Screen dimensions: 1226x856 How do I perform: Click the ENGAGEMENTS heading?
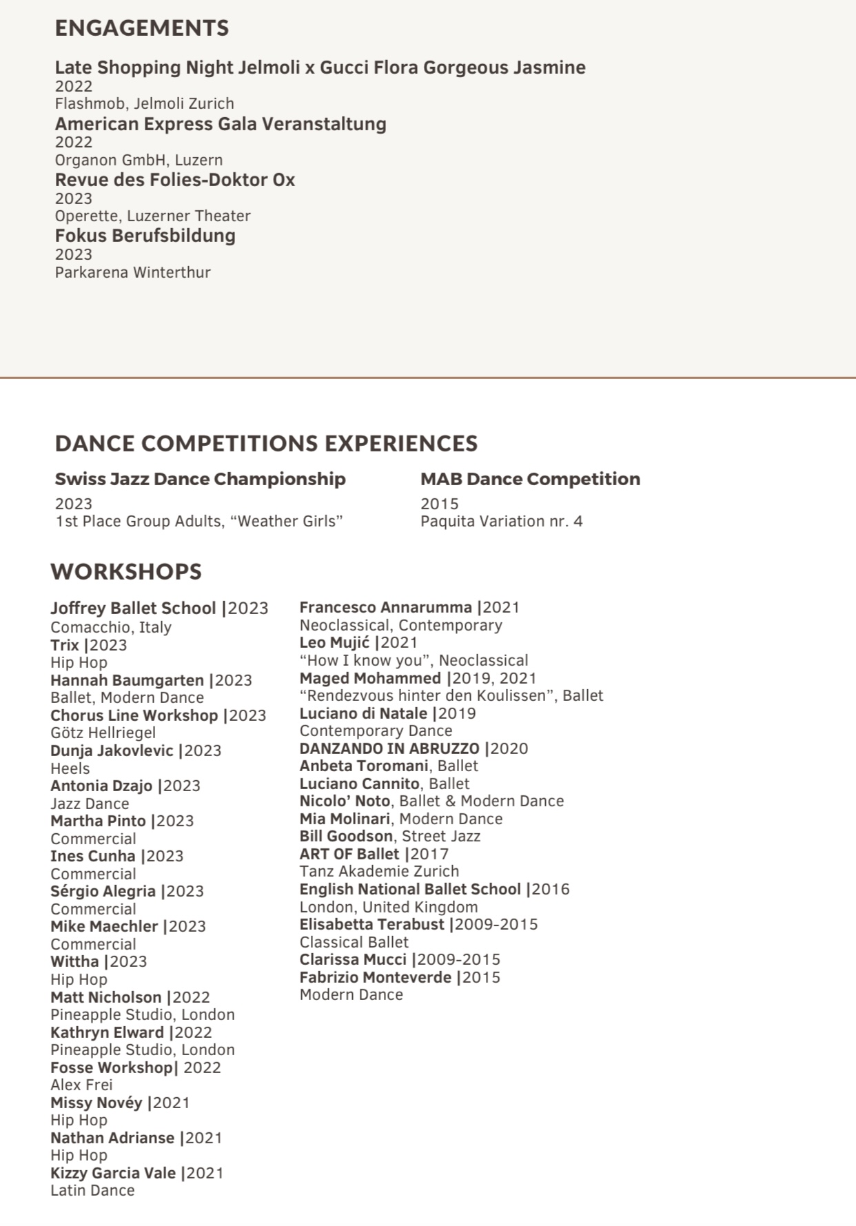(141, 28)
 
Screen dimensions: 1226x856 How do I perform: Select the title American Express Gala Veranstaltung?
(221, 124)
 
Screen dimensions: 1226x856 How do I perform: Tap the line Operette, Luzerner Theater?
(152, 216)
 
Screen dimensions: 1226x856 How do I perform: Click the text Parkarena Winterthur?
(132, 272)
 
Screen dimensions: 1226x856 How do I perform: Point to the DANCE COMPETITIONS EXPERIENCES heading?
(266, 443)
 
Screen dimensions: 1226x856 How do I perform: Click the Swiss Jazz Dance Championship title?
(200, 479)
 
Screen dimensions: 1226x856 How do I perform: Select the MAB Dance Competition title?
(530, 479)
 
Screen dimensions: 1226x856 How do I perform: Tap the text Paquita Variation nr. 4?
(501, 521)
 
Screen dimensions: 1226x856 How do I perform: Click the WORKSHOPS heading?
(126, 571)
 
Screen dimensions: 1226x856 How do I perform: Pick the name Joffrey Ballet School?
(133, 609)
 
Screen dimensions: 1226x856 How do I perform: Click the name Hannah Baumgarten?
(127, 680)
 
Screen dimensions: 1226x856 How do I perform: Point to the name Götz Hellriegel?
(103, 733)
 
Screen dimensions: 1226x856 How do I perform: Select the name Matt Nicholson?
(105, 997)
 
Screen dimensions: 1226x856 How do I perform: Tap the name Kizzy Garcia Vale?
(113, 1173)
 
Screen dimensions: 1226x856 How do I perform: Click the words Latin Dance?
(92, 1190)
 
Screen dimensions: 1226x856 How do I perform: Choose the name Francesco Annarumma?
(385, 608)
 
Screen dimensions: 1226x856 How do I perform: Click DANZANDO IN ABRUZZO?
(389, 748)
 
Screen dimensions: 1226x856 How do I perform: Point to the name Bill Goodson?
(346, 836)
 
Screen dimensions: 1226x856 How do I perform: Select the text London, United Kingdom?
(388, 907)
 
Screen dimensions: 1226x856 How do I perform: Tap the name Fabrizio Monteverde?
(376, 977)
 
